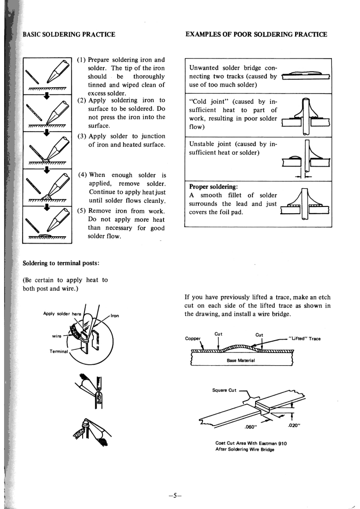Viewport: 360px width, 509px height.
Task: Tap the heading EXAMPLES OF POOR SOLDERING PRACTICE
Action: coord(256,34)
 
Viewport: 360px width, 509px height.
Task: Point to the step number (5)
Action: coord(83,210)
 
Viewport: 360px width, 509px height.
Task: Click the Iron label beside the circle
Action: coord(114,316)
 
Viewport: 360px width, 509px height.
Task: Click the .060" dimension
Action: coord(251,426)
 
